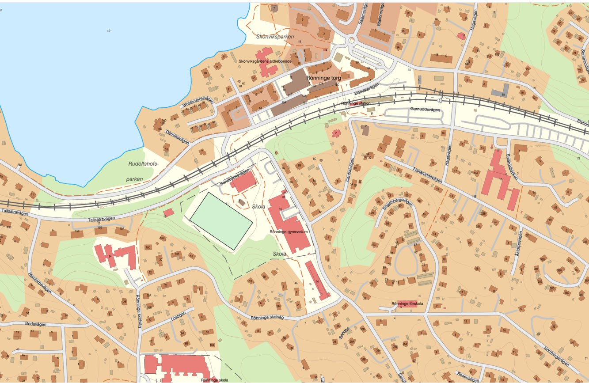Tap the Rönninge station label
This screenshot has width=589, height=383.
coord(356,103)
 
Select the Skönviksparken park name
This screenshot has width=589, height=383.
coord(275,37)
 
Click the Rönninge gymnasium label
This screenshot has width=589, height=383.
coord(289,231)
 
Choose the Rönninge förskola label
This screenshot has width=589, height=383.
coord(407,303)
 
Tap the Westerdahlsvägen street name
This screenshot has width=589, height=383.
coord(197,102)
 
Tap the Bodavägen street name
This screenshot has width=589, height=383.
coord(36,324)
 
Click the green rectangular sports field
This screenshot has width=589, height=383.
coord(221,221)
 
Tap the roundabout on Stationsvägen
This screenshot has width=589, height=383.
coord(352,40)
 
